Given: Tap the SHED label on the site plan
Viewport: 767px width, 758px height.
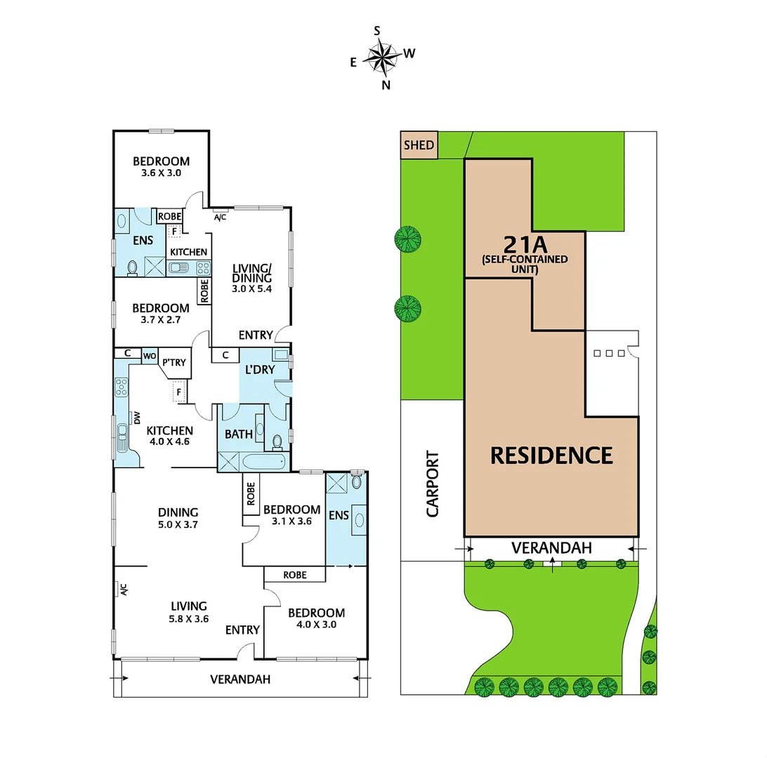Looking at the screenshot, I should coord(419,146).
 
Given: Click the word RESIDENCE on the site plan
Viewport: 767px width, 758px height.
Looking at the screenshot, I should coord(551,456).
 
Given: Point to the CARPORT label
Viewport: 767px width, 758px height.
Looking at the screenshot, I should coord(432,484).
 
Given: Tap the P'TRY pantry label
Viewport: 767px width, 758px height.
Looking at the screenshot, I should coord(173,362).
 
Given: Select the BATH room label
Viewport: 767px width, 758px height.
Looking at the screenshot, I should coord(239,434).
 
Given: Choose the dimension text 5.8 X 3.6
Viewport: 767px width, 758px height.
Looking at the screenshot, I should coord(190,618).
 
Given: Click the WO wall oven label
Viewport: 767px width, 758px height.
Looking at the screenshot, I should coord(150,357).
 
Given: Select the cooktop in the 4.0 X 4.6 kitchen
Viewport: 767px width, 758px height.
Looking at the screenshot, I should coord(122,387).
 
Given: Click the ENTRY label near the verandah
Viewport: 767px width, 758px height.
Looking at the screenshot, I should coord(242,630).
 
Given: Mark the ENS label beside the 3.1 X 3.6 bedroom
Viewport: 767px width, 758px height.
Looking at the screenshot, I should coord(339,515).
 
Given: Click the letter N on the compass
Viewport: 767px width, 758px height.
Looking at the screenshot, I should coord(386,85).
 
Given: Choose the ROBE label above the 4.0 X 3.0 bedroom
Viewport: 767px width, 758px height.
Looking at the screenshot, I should coord(294,575).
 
